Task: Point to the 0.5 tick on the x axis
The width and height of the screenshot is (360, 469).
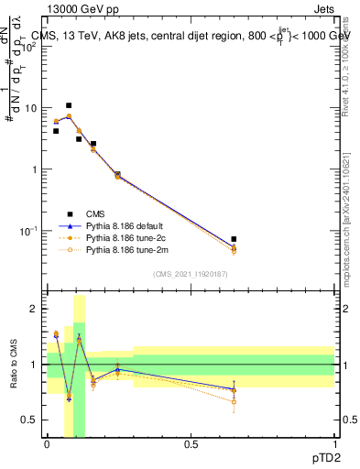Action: (x=191, y=445)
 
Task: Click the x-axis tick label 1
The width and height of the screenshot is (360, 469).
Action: (x=334, y=445)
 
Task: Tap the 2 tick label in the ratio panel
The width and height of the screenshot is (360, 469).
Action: (x=35, y=310)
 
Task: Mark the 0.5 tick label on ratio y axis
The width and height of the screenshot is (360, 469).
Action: (x=30, y=420)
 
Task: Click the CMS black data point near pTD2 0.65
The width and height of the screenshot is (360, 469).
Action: (x=234, y=239)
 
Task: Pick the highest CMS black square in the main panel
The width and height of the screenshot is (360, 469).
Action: (x=68, y=106)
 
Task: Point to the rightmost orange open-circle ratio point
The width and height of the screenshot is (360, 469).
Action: (x=234, y=401)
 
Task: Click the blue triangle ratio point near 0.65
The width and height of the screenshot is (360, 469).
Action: (x=234, y=390)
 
